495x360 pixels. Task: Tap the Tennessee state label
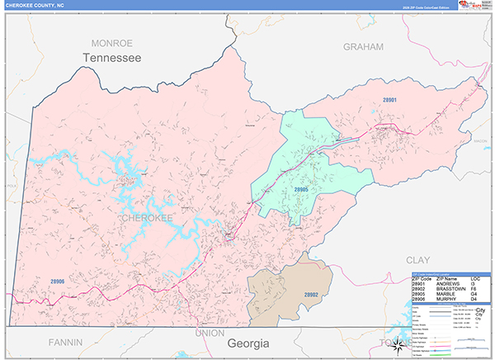(111, 58)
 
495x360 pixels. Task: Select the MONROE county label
(111, 43)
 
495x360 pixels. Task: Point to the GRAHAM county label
(364, 47)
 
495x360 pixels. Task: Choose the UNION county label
(210, 332)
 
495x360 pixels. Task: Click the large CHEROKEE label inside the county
(146, 218)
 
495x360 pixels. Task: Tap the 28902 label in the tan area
(311, 294)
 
